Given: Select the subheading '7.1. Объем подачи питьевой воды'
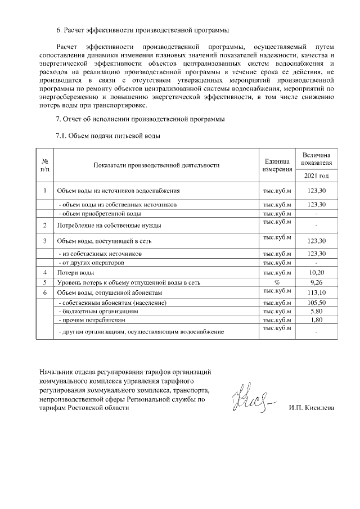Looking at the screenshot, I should [x=108, y=136].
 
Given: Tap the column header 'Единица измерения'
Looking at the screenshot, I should [x=277, y=165].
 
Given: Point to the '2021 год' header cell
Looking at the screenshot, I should [x=317, y=176].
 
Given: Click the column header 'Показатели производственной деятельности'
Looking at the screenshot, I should [x=156, y=165].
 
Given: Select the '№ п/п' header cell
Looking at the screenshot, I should [x=44, y=165].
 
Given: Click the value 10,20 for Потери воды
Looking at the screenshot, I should [x=317, y=272].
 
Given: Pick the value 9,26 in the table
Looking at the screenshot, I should [x=317, y=282].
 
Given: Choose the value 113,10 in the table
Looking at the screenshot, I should [x=317, y=293].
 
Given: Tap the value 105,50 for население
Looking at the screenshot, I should [x=317, y=303].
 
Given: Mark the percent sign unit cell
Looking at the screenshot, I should [x=277, y=282].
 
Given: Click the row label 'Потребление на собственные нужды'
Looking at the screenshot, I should [x=109, y=226].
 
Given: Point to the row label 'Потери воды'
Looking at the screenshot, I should [x=75, y=272].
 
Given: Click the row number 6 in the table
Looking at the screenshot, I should [x=44, y=293].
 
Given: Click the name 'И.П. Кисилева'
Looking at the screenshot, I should [x=311, y=408].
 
